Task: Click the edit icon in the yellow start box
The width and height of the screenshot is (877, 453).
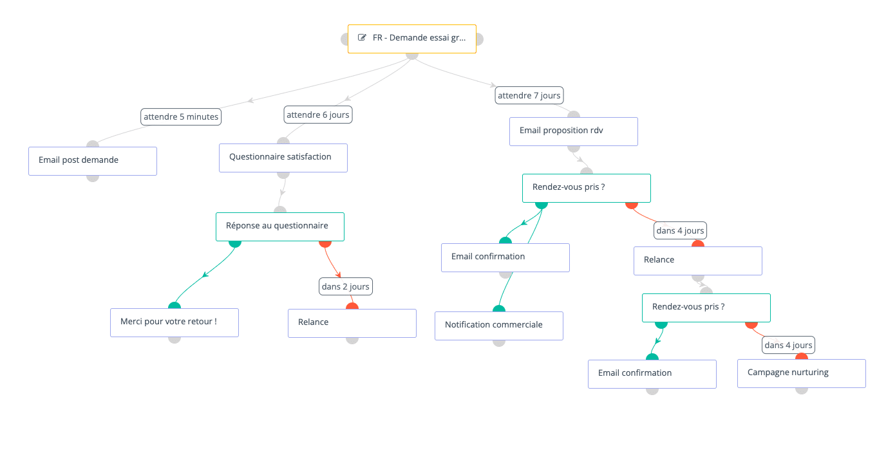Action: [362, 38]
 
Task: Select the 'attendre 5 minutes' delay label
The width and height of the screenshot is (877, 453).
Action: [181, 117]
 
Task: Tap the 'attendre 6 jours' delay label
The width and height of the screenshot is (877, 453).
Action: [318, 115]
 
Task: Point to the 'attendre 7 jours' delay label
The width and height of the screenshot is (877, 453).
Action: [529, 95]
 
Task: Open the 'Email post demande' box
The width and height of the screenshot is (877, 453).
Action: [93, 161]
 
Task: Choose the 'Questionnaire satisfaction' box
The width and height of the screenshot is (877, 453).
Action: [283, 158]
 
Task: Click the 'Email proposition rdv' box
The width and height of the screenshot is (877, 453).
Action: [574, 131]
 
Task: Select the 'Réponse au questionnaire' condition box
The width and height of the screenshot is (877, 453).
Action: [280, 226]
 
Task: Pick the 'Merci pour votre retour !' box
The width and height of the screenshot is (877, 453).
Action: [174, 322]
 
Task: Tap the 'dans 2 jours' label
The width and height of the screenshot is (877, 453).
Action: [346, 286]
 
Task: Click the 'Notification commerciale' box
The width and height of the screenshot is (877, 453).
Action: [499, 326]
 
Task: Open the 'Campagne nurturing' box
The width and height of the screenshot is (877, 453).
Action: [802, 373]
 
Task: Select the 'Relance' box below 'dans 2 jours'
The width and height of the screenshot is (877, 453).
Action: [352, 323]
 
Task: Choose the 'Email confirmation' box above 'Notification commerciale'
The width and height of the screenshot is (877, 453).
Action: [505, 257]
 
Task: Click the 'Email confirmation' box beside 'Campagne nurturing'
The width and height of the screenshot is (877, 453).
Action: [652, 374]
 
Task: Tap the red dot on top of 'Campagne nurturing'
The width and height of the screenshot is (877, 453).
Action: [802, 356]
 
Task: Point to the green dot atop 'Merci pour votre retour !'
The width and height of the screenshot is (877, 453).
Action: [174, 306]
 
